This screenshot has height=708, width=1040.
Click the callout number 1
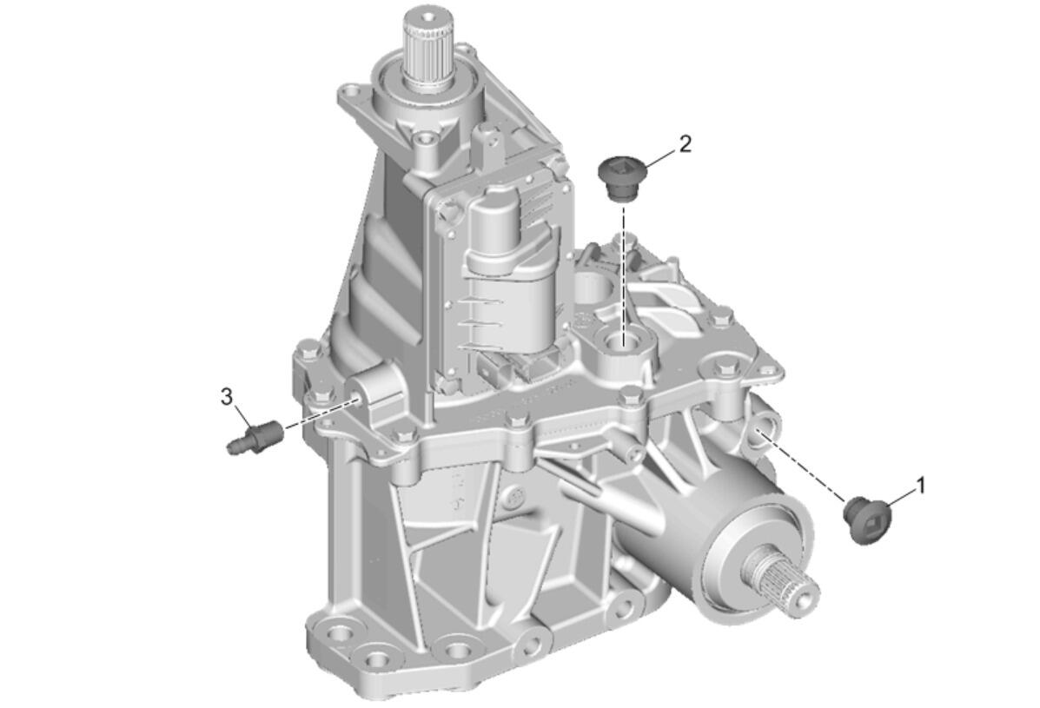(920, 486)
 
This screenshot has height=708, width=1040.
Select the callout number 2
(686, 143)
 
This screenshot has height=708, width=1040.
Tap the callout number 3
(227, 397)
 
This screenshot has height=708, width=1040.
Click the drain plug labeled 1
(867, 519)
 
